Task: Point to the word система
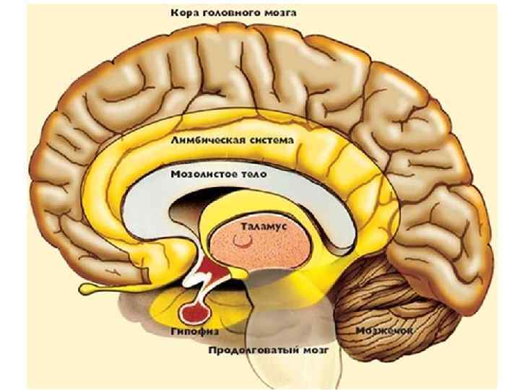tap(269, 142)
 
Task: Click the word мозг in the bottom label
tap(316, 350)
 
